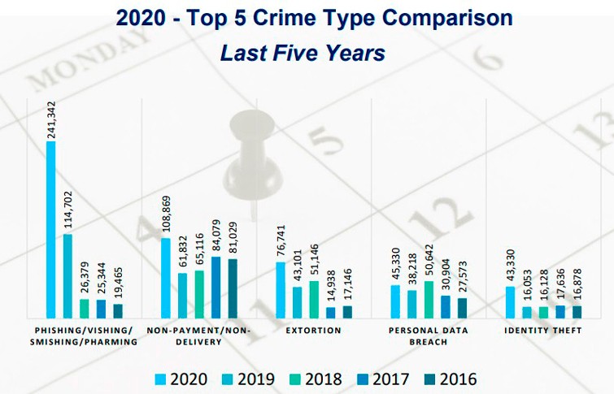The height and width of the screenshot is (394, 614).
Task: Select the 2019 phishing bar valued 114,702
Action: click(x=67, y=276)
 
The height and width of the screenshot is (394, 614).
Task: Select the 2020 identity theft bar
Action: click(x=511, y=301)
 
